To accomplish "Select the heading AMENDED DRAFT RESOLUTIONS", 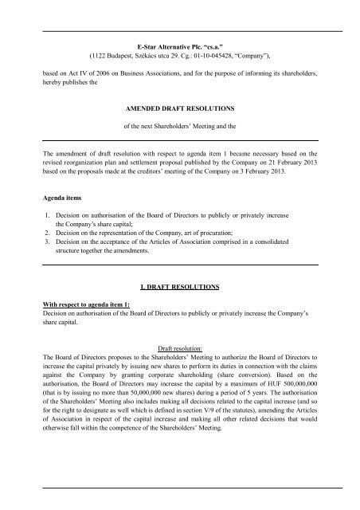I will (179, 104).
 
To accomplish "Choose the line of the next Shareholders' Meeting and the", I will (179, 127).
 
